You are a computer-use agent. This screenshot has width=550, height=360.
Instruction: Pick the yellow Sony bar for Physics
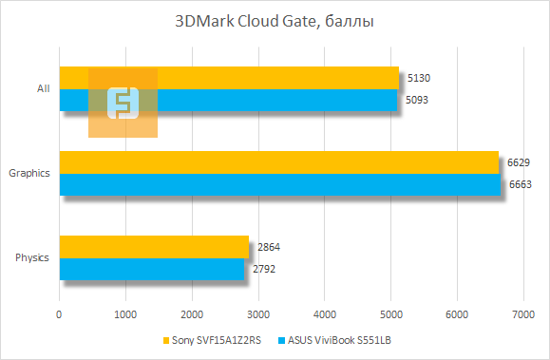pos(153,247)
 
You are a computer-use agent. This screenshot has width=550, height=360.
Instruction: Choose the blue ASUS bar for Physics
pos(151,269)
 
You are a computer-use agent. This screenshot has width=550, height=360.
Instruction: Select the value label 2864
pos(268,248)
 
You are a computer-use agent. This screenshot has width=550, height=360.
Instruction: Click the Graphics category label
pos(29,173)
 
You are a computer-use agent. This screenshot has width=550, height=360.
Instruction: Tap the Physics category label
pos(32,257)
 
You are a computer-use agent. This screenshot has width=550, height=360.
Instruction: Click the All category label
pos(43,88)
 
